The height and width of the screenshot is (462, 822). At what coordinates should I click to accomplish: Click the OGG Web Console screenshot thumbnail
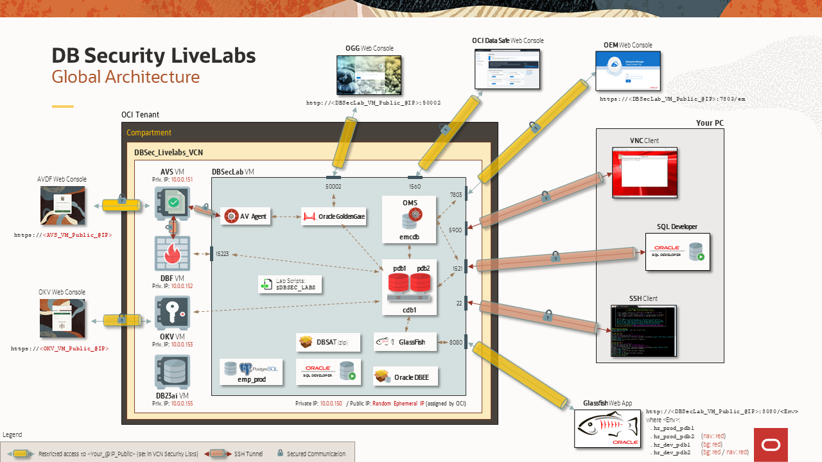tap(369, 75)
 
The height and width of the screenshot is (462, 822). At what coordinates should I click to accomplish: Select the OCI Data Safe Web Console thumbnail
tap(507, 69)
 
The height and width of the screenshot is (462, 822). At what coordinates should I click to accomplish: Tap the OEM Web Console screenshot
tap(627, 71)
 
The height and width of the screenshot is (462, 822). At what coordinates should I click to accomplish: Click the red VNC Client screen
tap(644, 172)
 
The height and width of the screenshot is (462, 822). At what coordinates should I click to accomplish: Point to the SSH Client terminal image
tap(643, 330)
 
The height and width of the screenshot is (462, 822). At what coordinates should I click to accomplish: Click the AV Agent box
tap(247, 217)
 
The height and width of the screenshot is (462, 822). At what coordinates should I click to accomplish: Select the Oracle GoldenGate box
tap(334, 217)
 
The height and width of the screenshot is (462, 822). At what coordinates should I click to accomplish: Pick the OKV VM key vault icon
tap(172, 313)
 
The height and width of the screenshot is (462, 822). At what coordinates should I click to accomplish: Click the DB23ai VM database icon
tap(172, 373)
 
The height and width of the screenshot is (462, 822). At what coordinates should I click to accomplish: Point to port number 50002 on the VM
tap(333, 186)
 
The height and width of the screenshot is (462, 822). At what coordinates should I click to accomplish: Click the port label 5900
tap(455, 230)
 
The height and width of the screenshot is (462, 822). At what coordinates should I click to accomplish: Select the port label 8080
tap(455, 343)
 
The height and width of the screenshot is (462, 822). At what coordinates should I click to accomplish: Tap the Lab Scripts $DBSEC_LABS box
tap(290, 285)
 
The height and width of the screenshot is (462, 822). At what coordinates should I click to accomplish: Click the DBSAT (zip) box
tap(328, 343)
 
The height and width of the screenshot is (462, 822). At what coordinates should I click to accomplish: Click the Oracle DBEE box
tap(405, 377)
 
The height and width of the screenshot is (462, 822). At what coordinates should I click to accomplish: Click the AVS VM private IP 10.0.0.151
tap(181, 180)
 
